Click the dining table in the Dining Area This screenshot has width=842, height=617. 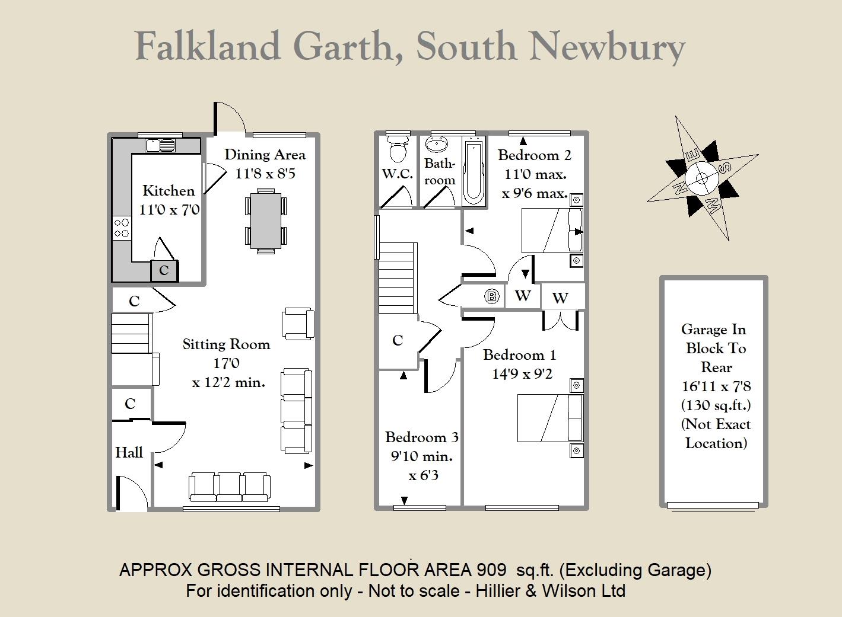pos(265,221)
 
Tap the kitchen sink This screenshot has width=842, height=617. pos(160,145)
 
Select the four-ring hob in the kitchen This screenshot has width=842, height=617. pos(122,228)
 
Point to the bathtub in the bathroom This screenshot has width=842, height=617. pos(474,171)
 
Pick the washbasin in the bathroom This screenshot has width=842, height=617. pos(436,144)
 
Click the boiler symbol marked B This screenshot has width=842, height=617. pos(492,297)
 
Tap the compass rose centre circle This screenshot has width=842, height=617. pos(701,178)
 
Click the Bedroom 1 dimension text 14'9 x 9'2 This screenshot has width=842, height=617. pos(522,375)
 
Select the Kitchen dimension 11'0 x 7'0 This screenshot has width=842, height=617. pos(169,210)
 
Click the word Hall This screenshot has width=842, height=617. pos(129,452)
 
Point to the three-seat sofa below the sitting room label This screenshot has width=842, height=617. pos(230,487)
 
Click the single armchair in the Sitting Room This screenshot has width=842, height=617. pos(298,324)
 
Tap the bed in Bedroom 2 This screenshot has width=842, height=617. pos(552,230)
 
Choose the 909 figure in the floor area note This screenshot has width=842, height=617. pos(492,570)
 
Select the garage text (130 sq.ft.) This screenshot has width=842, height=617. pos(716,405)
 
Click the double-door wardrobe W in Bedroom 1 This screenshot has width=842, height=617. pos(560,298)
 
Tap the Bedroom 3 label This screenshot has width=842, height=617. pos(422,437)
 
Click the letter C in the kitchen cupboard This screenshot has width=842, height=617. pos(164,270)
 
